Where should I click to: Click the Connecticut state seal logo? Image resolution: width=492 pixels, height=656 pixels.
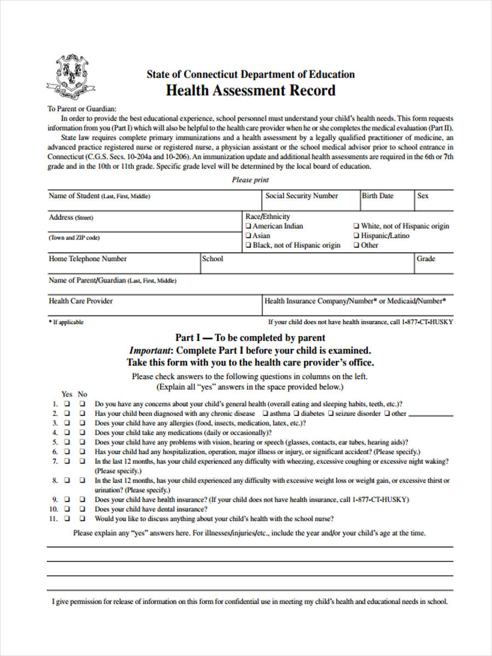pyautogui.click(x=71, y=77)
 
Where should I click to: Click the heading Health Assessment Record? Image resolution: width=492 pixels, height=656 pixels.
pyautogui.click(x=250, y=90)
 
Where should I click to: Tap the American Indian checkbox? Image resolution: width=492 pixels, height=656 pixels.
pyautogui.click(x=249, y=226)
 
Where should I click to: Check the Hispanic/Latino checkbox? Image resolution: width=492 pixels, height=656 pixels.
pyautogui.click(x=356, y=236)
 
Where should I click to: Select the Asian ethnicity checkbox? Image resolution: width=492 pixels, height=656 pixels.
pyautogui.click(x=249, y=236)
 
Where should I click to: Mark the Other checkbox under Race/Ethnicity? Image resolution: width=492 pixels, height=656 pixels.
pyautogui.click(x=356, y=245)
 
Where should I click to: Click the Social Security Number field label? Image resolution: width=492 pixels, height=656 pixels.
pyautogui.click(x=301, y=196)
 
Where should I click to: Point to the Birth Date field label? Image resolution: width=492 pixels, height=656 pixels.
pyautogui.click(x=377, y=196)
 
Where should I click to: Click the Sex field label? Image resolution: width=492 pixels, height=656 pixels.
pyautogui.click(x=423, y=196)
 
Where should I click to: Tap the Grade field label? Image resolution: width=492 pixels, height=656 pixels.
pyautogui.click(x=426, y=259)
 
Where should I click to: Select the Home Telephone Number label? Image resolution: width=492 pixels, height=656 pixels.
pyautogui.click(x=87, y=259)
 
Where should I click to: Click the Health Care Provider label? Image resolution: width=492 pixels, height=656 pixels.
pyautogui.click(x=81, y=301)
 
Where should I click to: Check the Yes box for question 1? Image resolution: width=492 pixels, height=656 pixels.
pyautogui.click(x=67, y=404)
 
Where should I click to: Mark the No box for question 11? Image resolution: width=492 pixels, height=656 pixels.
pyautogui.click(x=82, y=519)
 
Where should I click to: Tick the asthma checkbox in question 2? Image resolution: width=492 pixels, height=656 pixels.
pyautogui.click(x=265, y=414)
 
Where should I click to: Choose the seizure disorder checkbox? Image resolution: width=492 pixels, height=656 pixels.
pyautogui.click(x=331, y=414)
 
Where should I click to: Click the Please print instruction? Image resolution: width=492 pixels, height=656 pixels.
pyautogui.click(x=250, y=180)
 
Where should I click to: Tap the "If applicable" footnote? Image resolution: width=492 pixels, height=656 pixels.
pyautogui.click(x=66, y=322)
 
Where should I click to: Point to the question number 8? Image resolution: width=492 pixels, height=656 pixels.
pyautogui.click(x=55, y=481)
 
